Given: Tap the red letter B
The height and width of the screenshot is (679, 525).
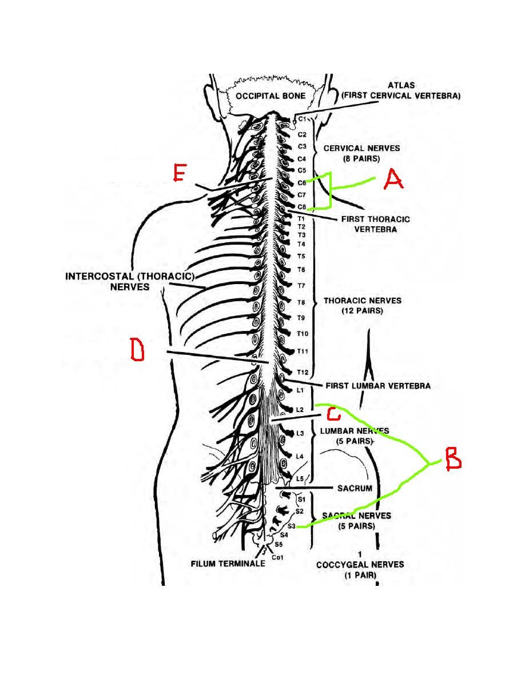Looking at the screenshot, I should pyautogui.click(x=452, y=458).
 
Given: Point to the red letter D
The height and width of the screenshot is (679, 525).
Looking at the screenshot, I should pyautogui.click(x=137, y=350).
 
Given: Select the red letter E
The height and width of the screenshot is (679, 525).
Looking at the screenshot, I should pyautogui.click(x=179, y=173).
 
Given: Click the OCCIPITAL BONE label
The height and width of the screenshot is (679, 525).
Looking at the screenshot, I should pyautogui.click(x=271, y=96).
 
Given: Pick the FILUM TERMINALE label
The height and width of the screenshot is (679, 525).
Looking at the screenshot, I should pyautogui.click(x=228, y=564).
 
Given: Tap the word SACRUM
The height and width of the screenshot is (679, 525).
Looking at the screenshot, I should pyautogui.click(x=355, y=489).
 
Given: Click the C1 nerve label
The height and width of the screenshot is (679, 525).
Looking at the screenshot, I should pyautogui.click(x=303, y=119).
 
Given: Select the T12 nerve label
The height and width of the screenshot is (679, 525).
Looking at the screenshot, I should pyautogui.click(x=303, y=372).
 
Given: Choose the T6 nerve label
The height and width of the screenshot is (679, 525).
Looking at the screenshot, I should pyautogui.click(x=301, y=269).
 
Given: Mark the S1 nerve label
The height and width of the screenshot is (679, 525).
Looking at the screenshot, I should pyautogui.click(x=301, y=500).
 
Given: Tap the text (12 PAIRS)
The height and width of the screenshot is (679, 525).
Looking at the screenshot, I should pyautogui.click(x=361, y=311).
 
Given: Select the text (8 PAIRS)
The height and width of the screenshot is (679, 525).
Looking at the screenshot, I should pyautogui.click(x=361, y=159).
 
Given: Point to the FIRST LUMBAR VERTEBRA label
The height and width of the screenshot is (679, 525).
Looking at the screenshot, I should pyautogui.click(x=377, y=386).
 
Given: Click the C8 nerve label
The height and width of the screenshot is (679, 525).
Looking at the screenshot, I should pyautogui.click(x=302, y=207).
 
